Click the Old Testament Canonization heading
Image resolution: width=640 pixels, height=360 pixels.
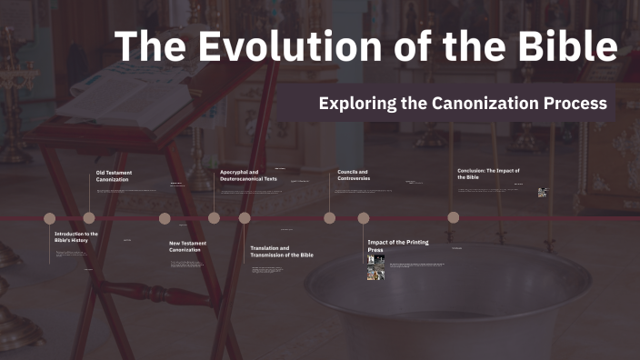(113, 175)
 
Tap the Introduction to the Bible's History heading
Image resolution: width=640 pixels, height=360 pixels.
(76, 237)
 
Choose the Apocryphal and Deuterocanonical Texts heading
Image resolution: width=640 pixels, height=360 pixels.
(248, 175)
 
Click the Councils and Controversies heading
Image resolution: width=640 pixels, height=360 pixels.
(354, 175)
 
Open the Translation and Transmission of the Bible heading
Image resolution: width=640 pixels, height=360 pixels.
(282, 252)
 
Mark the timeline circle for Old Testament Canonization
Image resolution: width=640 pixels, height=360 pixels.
(89, 217)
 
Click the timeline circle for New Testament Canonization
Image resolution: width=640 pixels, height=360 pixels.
(165, 217)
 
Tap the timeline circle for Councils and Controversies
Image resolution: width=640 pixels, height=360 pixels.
(329, 217)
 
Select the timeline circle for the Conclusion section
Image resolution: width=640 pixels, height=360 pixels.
(453, 217)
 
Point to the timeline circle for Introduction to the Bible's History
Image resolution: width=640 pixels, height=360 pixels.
(49, 217)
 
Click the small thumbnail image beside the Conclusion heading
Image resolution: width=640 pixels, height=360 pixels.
(542, 192)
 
